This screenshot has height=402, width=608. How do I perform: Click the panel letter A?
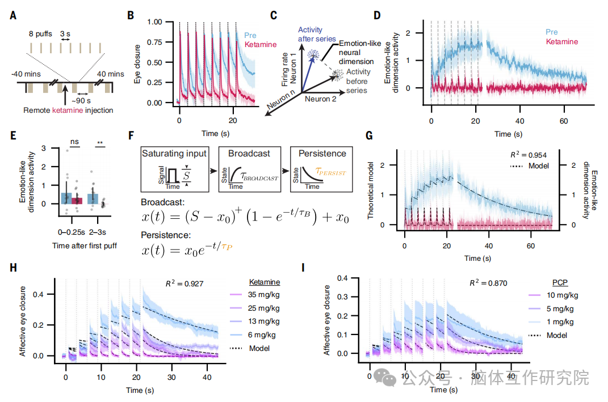12,15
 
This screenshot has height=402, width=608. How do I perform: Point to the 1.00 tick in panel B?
154,22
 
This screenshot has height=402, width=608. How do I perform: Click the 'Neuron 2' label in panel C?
321,98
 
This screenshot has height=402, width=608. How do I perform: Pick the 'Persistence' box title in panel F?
321,153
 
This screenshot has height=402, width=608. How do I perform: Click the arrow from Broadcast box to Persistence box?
283,170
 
